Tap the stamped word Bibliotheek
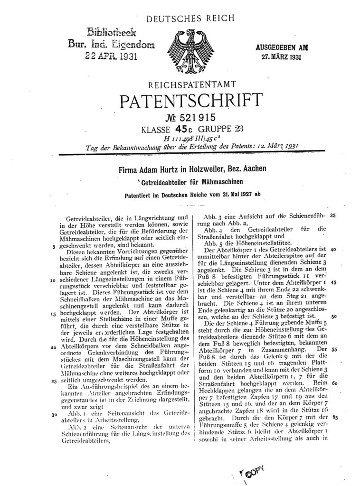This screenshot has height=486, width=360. pyautogui.click(x=110, y=32)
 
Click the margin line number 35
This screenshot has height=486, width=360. pyautogui.click(x=332, y=215)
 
